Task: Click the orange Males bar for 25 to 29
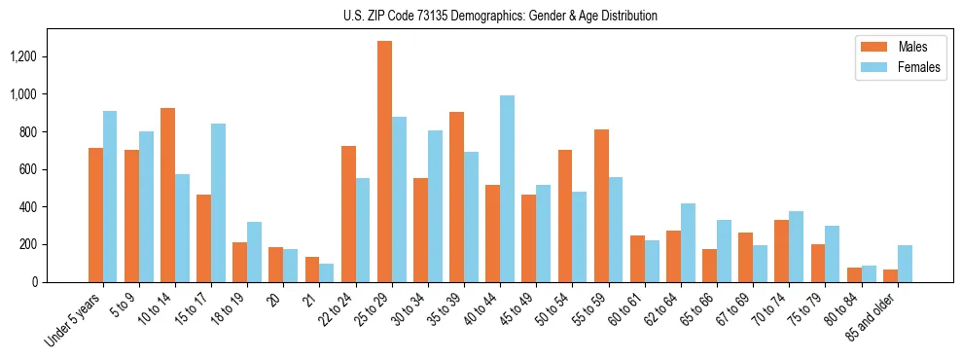point(385,162)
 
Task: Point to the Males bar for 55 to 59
point(601,205)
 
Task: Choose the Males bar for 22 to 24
point(348,214)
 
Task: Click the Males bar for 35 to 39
point(457,197)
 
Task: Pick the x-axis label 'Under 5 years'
point(74,321)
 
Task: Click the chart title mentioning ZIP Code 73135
point(500,16)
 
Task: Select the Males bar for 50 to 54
point(565,216)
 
